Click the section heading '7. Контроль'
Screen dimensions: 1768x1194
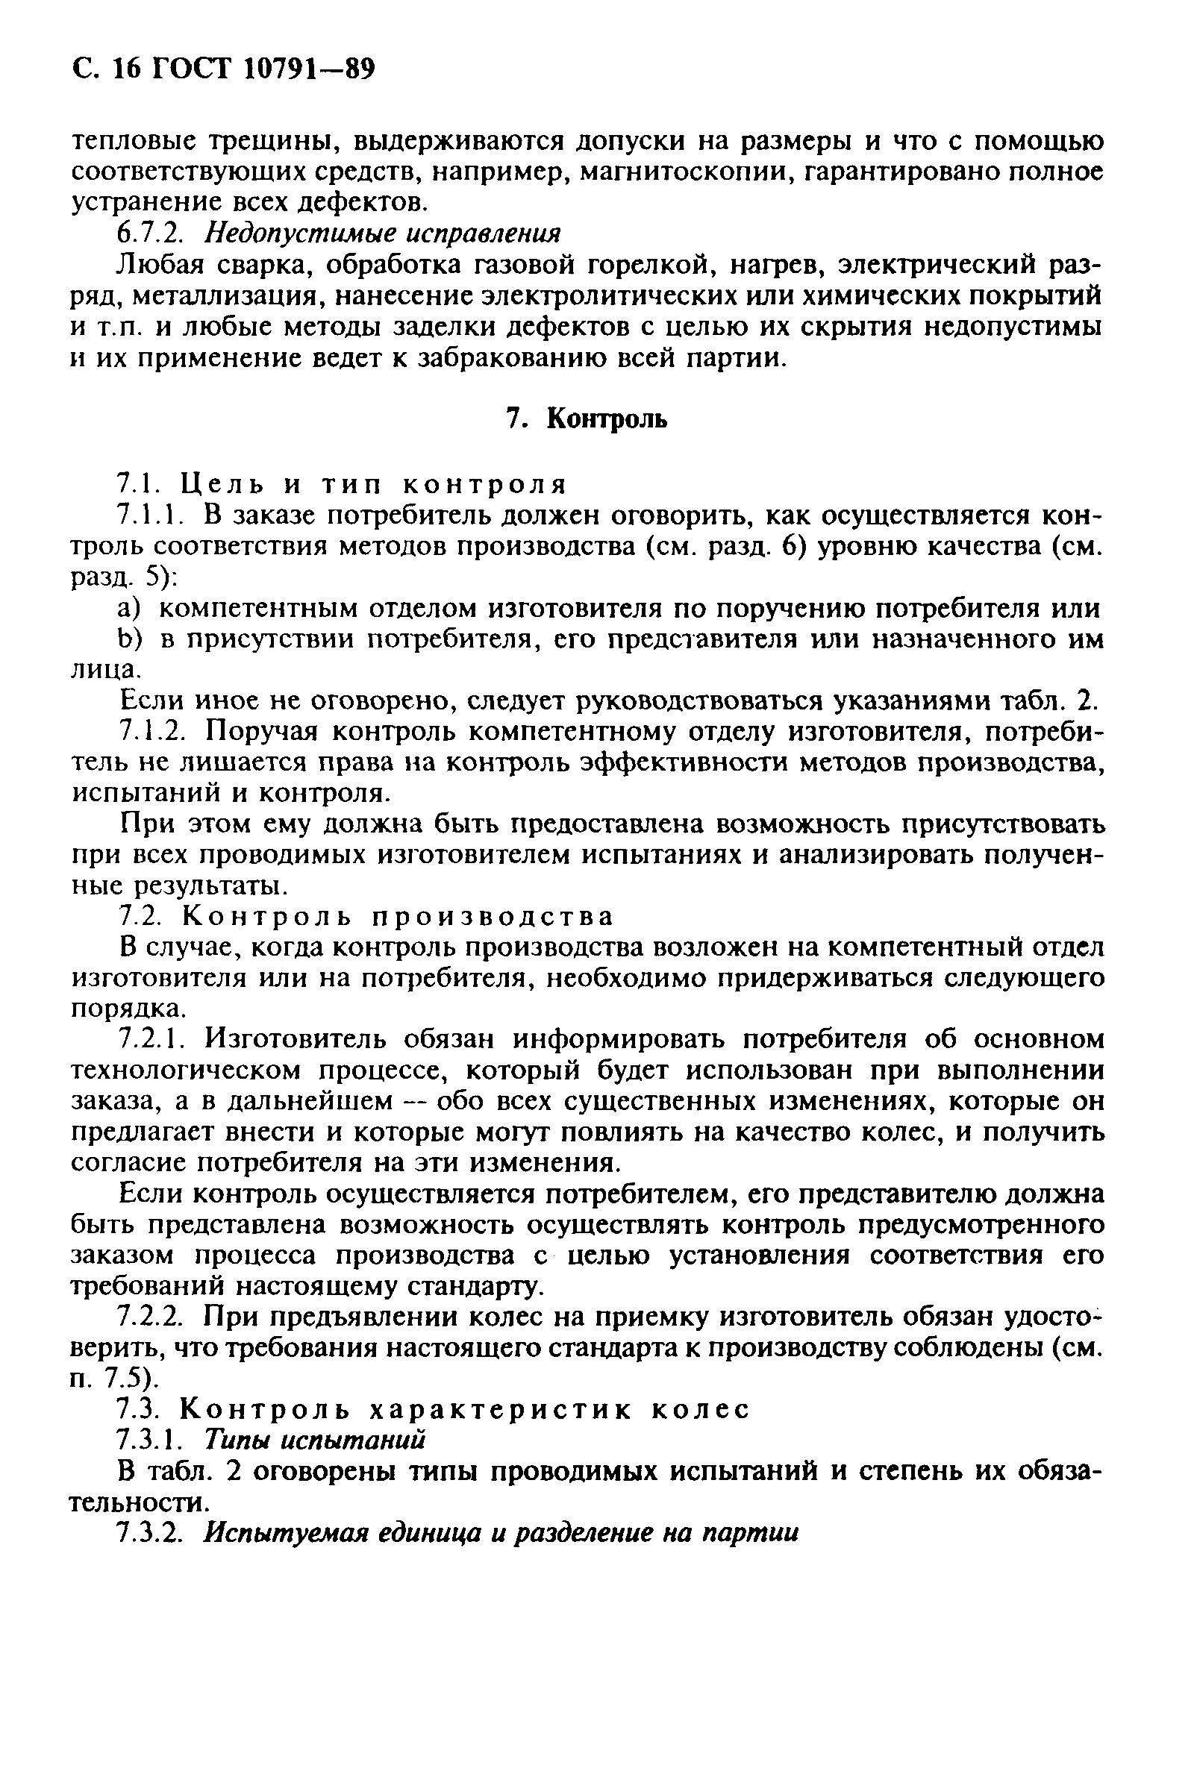(587, 419)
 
